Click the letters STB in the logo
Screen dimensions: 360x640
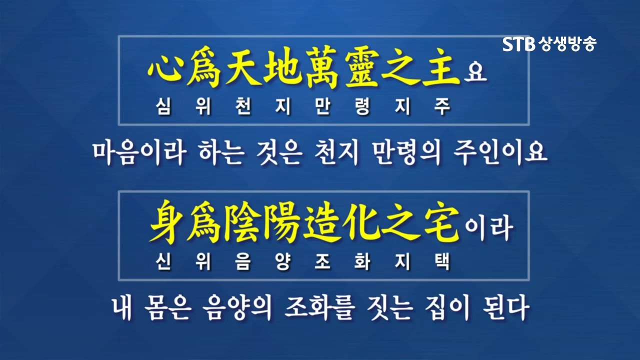tap(519, 44)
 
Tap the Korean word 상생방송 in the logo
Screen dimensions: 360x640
tap(567, 44)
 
